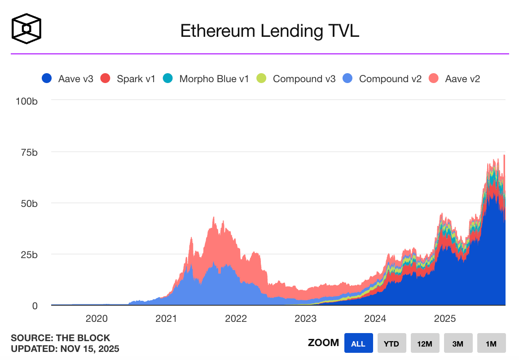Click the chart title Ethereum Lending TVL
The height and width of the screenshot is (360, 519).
pyautogui.click(x=269, y=31)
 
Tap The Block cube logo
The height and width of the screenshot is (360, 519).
pyautogui.click(x=27, y=29)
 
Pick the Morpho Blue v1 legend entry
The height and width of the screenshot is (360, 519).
pyautogui.click(x=207, y=79)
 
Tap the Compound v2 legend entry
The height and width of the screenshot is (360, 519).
pyautogui.click(x=383, y=79)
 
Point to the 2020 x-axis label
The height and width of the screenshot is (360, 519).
pyautogui.click(x=97, y=319)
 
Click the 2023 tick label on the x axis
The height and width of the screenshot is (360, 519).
pyautogui.click(x=305, y=319)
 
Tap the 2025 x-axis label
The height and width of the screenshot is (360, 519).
pyautogui.click(x=444, y=319)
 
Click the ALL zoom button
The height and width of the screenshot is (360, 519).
pyautogui.click(x=358, y=343)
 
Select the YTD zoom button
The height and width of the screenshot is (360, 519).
pyautogui.click(x=391, y=343)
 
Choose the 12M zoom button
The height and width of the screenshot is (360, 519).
pyautogui.click(x=425, y=343)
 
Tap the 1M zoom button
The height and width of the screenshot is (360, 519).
pyautogui.click(x=491, y=343)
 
